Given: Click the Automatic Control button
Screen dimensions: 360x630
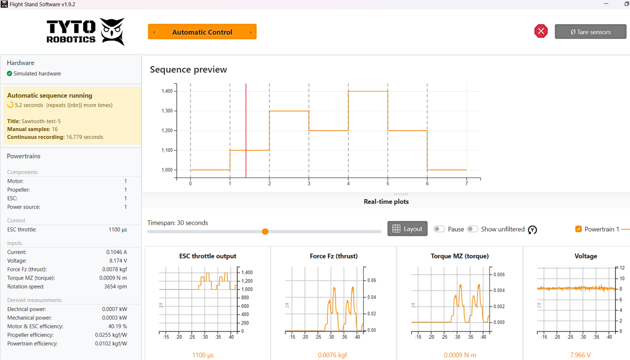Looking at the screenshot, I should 202,32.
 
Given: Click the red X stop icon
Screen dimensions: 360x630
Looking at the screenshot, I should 541,31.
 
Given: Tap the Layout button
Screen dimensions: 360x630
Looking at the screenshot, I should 407,229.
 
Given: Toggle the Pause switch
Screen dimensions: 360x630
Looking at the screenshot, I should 439,229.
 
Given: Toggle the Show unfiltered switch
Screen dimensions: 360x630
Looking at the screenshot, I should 472,229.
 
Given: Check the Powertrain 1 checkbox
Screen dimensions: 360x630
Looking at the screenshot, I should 578,229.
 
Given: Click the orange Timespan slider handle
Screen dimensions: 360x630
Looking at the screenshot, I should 265,232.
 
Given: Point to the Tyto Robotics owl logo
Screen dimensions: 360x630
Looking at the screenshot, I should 113,31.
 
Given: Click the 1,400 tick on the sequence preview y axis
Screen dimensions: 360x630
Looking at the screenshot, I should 167,91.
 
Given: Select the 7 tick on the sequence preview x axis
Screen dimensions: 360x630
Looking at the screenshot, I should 467,184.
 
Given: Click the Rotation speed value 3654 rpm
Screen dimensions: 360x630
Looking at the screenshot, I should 115,287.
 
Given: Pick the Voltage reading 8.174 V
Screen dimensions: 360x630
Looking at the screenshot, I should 118,261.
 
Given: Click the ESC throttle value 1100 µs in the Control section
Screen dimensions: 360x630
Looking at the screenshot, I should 118,230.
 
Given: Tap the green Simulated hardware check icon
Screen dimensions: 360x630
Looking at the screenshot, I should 9,74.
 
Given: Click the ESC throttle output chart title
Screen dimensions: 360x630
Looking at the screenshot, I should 208,256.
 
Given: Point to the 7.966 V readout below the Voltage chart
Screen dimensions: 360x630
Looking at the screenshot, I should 580,355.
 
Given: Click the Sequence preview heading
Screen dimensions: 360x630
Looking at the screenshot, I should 188,70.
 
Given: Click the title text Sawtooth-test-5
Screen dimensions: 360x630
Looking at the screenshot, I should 41,121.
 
